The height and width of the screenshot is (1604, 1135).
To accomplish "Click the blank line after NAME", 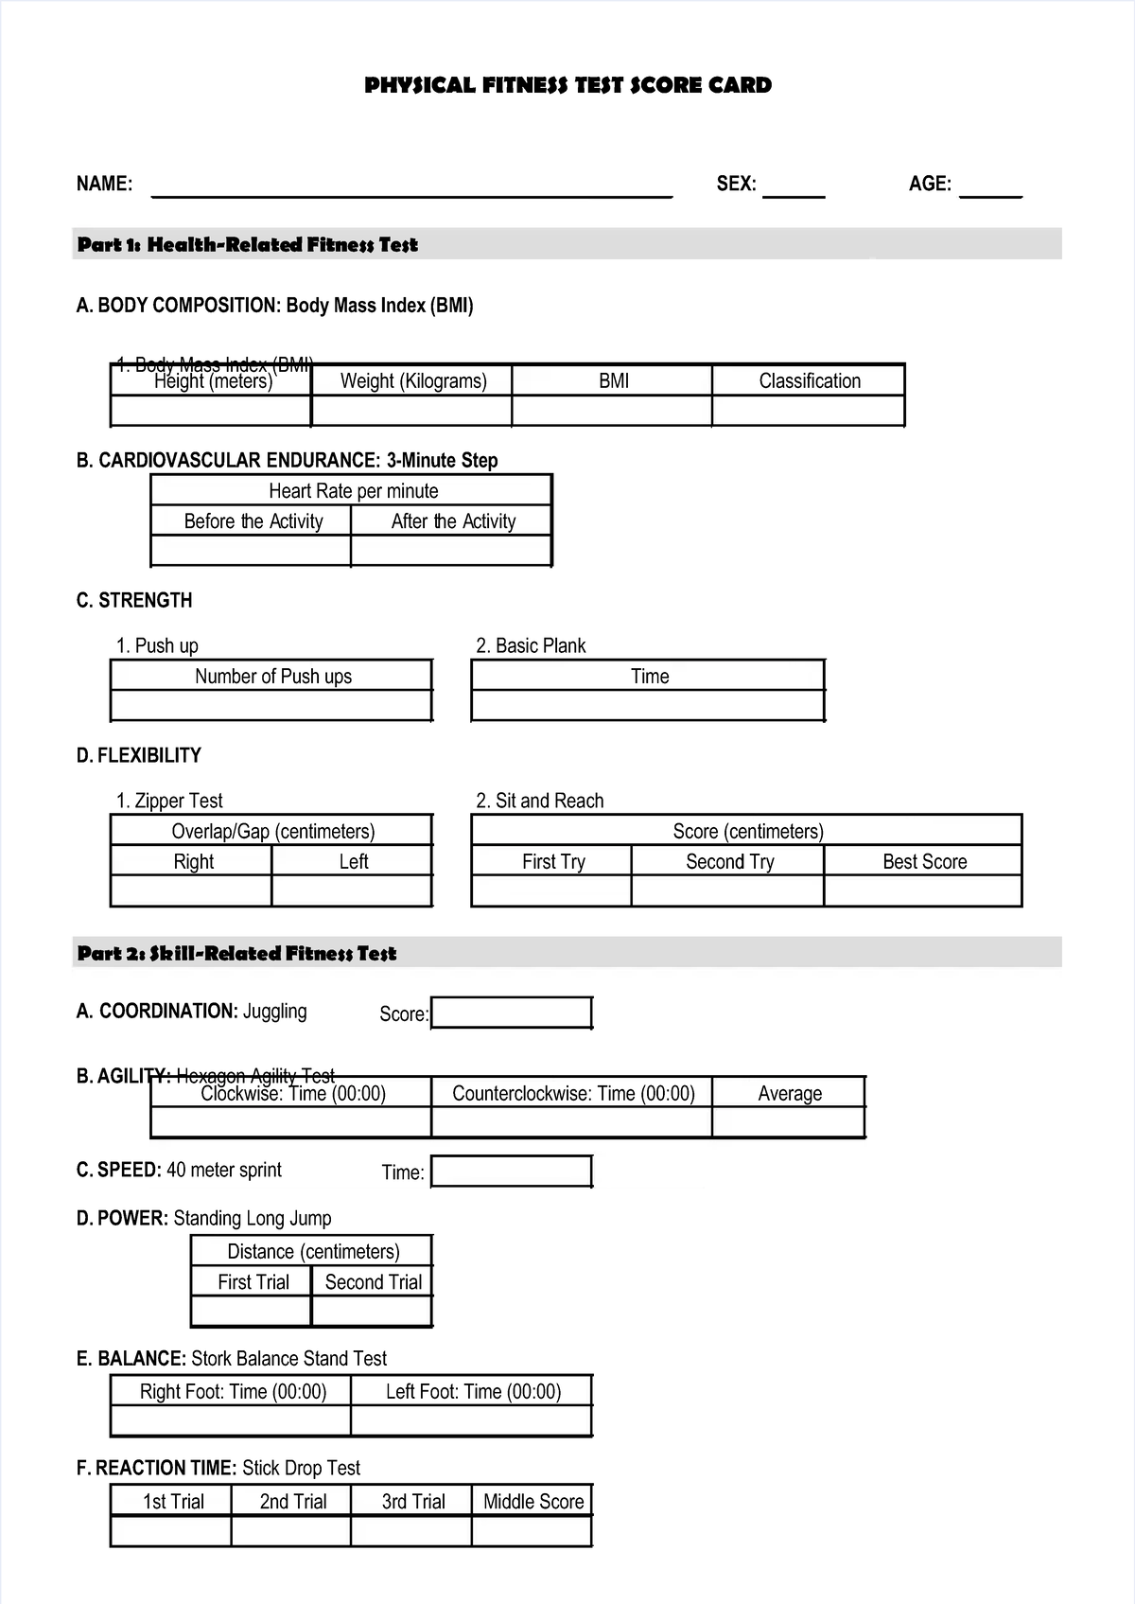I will coord(411,189).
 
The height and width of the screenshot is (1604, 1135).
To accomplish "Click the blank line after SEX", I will coord(794,189).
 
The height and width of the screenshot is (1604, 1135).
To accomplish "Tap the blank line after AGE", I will coord(990,189).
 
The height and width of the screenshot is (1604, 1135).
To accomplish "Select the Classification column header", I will coord(809,381).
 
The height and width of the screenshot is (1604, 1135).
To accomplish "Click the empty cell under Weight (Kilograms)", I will coord(411,412).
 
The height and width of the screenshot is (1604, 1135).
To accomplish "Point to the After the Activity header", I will coord(452,521).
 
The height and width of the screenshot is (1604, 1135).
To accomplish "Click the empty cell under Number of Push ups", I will coord(271,706).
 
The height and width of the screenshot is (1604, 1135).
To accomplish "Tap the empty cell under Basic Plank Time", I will coord(648,706).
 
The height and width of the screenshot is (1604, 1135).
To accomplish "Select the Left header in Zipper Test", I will coord(353,861).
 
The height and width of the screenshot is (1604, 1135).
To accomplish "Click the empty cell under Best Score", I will coord(923,891).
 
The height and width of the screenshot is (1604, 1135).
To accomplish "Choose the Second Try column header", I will coord(728,861).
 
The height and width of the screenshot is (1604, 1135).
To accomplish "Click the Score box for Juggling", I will coord(512,1013).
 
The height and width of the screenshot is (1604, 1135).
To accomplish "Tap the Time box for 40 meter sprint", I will coord(512,1172).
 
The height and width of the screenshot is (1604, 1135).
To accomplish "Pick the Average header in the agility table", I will coord(789,1093).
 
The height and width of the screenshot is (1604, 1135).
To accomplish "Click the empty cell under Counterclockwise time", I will coord(571,1122).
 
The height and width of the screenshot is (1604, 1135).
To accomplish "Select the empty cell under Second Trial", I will coord(372,1312).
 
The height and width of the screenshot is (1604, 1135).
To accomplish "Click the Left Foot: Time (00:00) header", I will coord(472,1391).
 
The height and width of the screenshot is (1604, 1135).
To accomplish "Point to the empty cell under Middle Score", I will coord(532,1531).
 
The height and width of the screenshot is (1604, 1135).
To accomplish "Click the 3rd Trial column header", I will coord(412,1501).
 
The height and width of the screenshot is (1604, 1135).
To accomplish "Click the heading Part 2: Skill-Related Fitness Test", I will coord(236,953).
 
